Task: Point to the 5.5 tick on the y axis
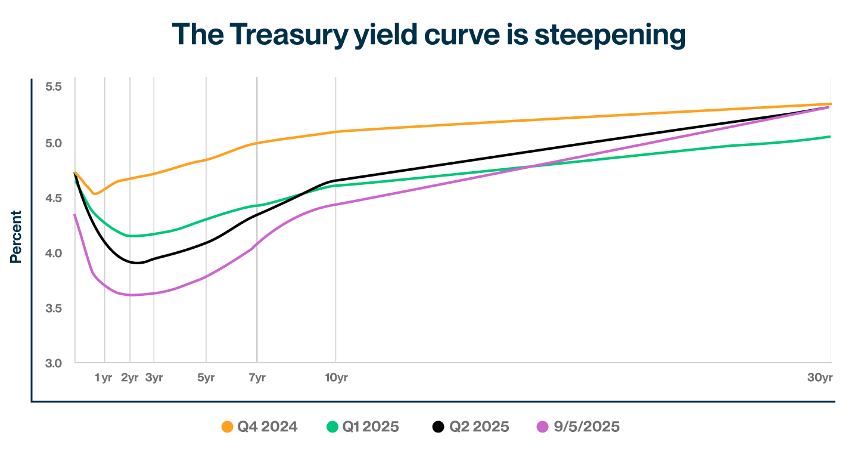pyautogui.click(x=53, y=87)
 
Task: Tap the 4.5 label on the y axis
pyautogui.click(x=53, y=197)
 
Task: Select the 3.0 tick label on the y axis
pyautogui.click(x=53, y=363)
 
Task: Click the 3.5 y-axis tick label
pyautogui.click(x=53, y=308)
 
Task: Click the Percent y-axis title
pyautogui.click(x=16, y=237)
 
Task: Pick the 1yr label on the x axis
pyautogui.click(x=104, y=378)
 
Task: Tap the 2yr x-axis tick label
pyautogui.click(x=129, y=378)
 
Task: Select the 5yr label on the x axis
pyautogui.click(x=206, y=378)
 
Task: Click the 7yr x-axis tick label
pyautogui.click(x=256, y=378)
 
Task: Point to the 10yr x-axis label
pyautogui.click(x=335, y=378)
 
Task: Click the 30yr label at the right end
pyautogui.click(x=820, y=378)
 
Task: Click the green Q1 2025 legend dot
pyautogui.click(x=332, y=427)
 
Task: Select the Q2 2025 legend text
pyautogui.click(x=479, y=427)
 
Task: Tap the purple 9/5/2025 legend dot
pyautogui.click(x=542, y=427)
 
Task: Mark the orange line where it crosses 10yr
pyautogui.click(x=335, y=132)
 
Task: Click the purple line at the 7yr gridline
pyautogui.click(x=257, y=245)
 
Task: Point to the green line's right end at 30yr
pyautogui.click(x=830, y=137)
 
